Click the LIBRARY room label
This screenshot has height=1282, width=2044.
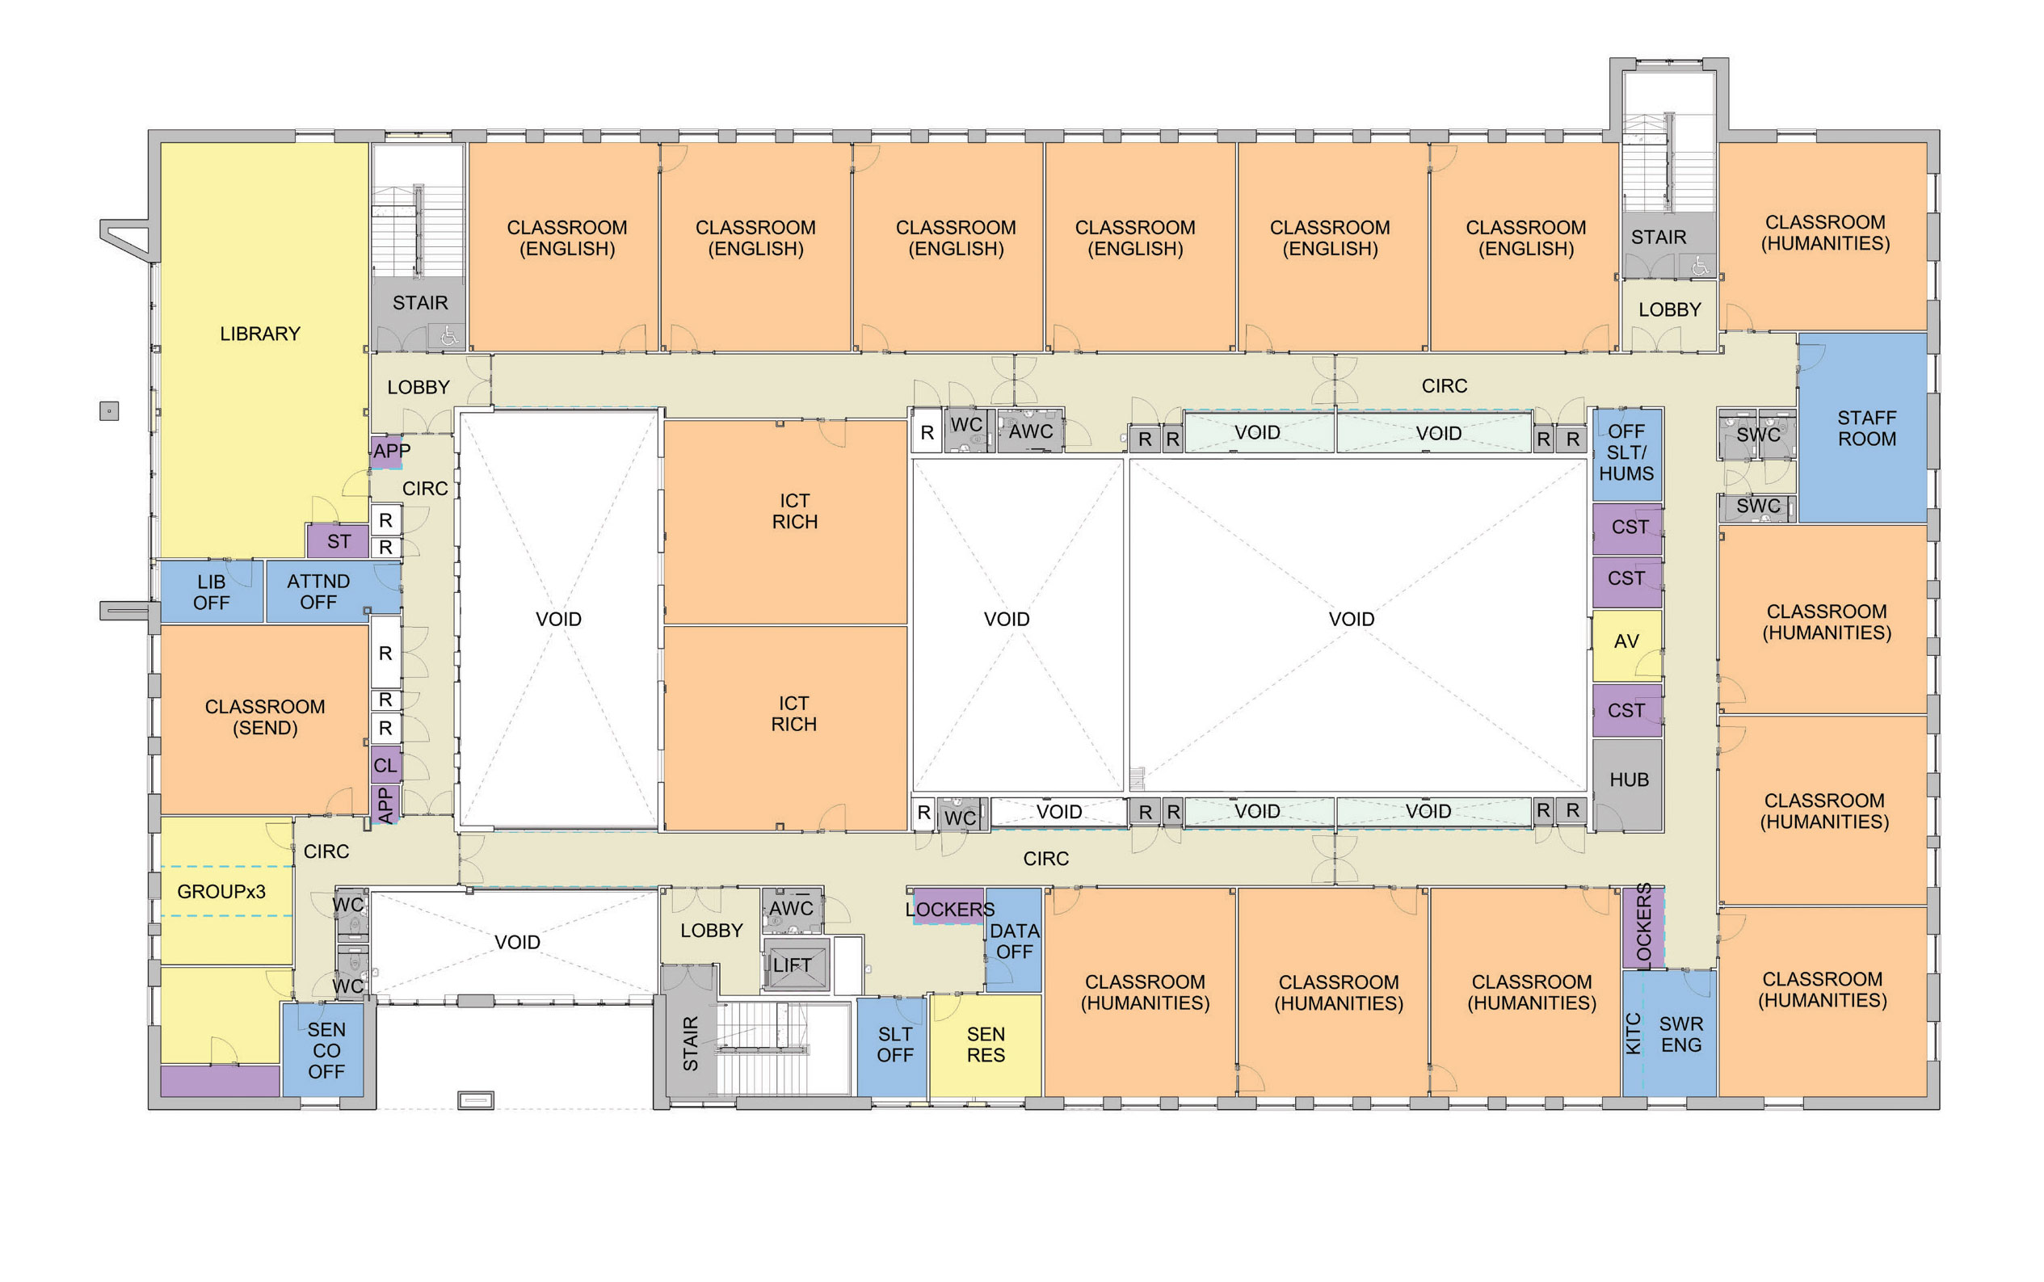(260, 334)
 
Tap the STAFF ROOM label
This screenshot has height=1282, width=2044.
(1866, 428)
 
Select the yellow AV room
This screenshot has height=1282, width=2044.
(1626, 645)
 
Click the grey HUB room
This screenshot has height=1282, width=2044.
(1627, 785)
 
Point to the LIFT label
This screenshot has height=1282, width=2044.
(791, 965)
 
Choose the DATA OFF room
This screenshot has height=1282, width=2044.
(1013, 939)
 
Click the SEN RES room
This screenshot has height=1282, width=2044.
(985, 1045)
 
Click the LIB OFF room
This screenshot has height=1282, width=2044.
(211, 592)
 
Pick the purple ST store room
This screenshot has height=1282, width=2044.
(338, 541)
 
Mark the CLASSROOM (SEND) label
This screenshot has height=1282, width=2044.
(265, 717)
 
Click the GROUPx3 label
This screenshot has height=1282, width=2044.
(221, 892)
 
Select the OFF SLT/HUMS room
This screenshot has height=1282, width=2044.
(1627, 455)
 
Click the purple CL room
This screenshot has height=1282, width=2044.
(385, 766)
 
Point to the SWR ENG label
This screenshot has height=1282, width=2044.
(1681, 1035)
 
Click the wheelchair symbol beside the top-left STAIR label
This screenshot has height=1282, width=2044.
(448, 338)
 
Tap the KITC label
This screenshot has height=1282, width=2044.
(1633, 1033)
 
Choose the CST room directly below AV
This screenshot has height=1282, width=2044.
(1627, 711)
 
